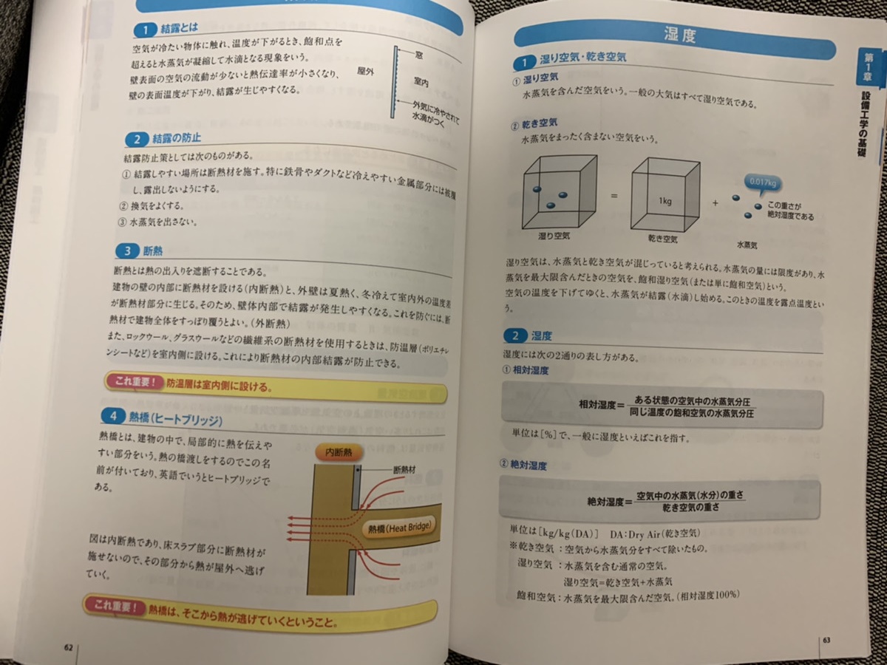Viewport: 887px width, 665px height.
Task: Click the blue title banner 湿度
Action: pyautogui.click(x=679, y=35)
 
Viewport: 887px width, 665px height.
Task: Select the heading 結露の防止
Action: pyautogui.click(x=177, y=139)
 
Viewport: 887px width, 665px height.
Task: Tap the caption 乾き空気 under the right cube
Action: pyautogui.click(x=662, y=239)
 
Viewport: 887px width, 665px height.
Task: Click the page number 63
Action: pyautogui.click(x=826, y=640)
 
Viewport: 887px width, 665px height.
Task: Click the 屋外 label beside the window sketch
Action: pyautogui.click(x=367, y=72)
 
